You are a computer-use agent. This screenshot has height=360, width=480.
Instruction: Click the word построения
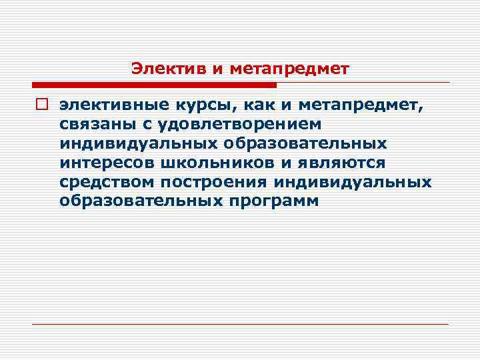pos(211,182)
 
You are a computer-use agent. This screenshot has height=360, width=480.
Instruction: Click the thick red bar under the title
pos(154,85)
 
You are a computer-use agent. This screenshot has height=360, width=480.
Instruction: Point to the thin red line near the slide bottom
pos(240,324)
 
